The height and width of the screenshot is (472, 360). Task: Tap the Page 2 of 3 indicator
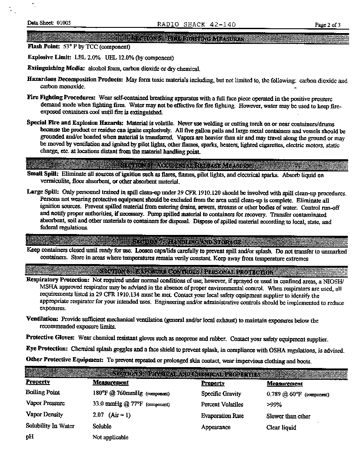pos(328,25)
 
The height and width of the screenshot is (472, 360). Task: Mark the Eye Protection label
pos(47,349)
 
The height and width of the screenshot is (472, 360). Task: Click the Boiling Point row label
pos(43,392)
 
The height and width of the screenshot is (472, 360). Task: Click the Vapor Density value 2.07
pos(98,415)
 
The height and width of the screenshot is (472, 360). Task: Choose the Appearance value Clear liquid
pos(281,427)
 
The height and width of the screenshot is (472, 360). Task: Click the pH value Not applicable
pos(110,437)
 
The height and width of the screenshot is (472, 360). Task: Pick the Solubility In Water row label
pos(50,426)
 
